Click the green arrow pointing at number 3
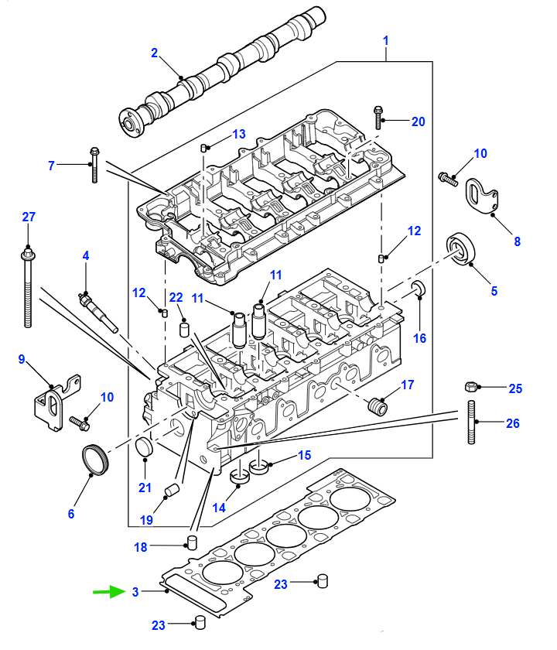click(108, 591)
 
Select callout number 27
click(29, 217)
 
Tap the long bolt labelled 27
click(27, 288)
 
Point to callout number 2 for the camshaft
click(154, 53)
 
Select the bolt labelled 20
click(378, 118)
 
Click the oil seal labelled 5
click(460, 248)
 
